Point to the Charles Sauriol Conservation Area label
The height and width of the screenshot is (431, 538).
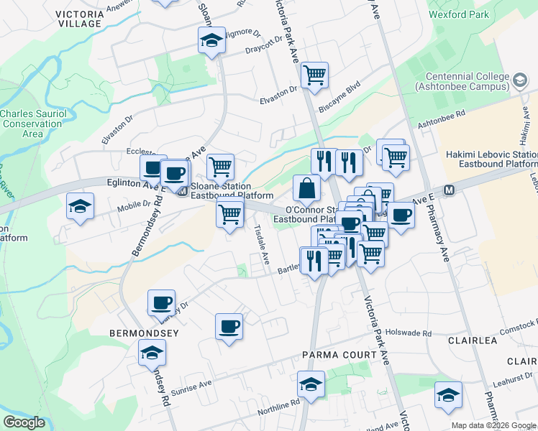(x=32, y=124)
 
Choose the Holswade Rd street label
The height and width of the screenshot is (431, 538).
(x=408, y=333)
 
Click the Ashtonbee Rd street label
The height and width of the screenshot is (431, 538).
(x=442, y=119)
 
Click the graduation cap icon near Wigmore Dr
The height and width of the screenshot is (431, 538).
(x=211, y=40)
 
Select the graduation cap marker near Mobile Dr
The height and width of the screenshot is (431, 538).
(x=79, y=207)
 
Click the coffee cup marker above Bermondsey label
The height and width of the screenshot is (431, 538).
(x=161, y=302)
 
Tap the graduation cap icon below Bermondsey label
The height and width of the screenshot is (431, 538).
(x=152, y=352)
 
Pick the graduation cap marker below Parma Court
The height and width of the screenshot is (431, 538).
(x=311, y=384)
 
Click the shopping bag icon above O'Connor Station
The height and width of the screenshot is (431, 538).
(x=306, y=189)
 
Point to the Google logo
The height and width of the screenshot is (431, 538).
(x=24, y=422)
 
